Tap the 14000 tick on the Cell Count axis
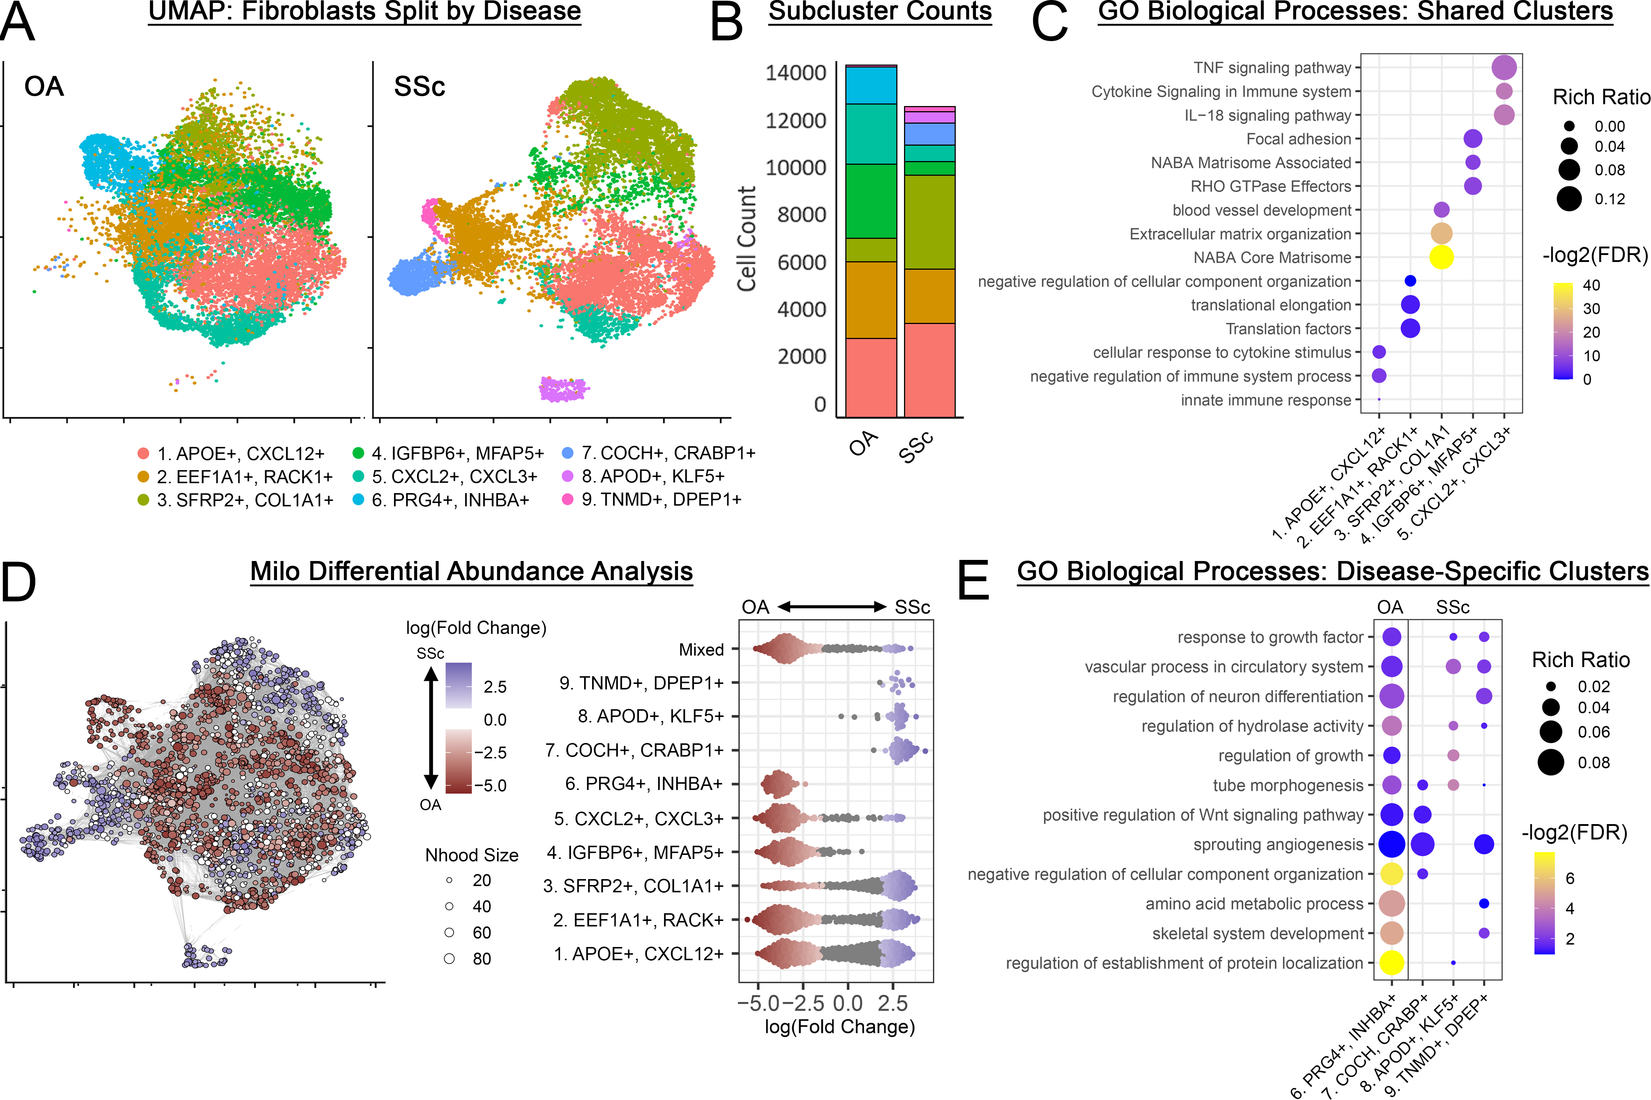[796, 73]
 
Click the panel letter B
[726, 23]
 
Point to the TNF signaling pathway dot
[1504, 68]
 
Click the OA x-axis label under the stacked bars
[863, 443]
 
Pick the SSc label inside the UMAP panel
[419, 87]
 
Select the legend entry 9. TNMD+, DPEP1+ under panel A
[661, 499]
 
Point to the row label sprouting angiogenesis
[1278, 845]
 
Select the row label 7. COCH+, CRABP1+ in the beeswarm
[634, 751]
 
